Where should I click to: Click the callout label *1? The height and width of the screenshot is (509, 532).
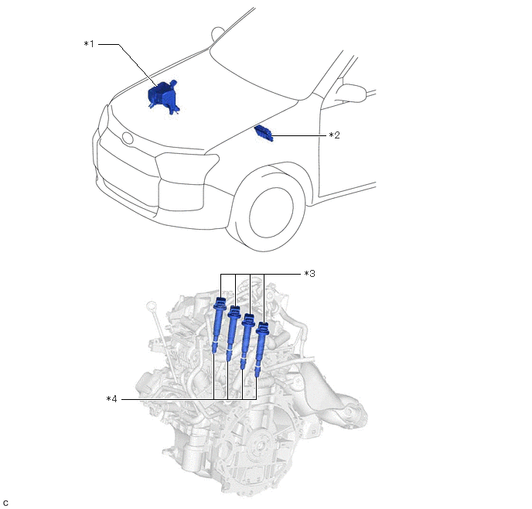point(88,44)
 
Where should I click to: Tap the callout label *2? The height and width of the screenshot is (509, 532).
point(334,135)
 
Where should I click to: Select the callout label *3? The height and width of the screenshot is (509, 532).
point(309,273)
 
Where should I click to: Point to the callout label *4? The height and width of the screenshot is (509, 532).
point(111,398)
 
